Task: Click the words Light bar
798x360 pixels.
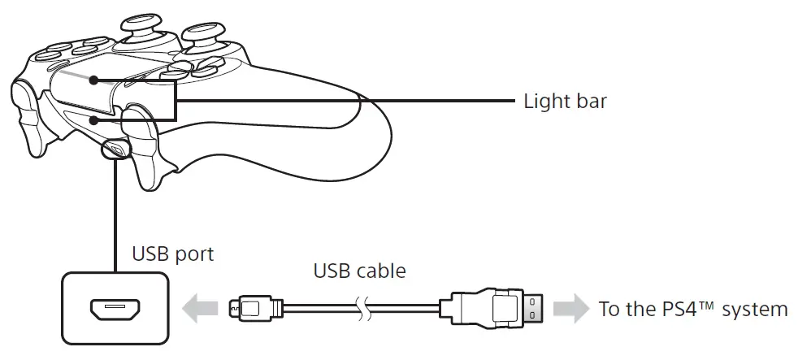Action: pyautogui.click(x=565, y=102)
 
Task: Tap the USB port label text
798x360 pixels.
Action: pyautogui.click(x=172, y=254)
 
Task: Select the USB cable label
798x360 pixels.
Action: pyautogui.click(x=359, y=270)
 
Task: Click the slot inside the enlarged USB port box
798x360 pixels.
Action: pyautogui.click(x=115, y=310)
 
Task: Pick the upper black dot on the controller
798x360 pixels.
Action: pyautogui.click(x=95, y=80)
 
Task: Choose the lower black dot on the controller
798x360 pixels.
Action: pyautogui.click(x=95, y=120)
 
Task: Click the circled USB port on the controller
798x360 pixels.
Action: pyautogui.click(x=115, y=149)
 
